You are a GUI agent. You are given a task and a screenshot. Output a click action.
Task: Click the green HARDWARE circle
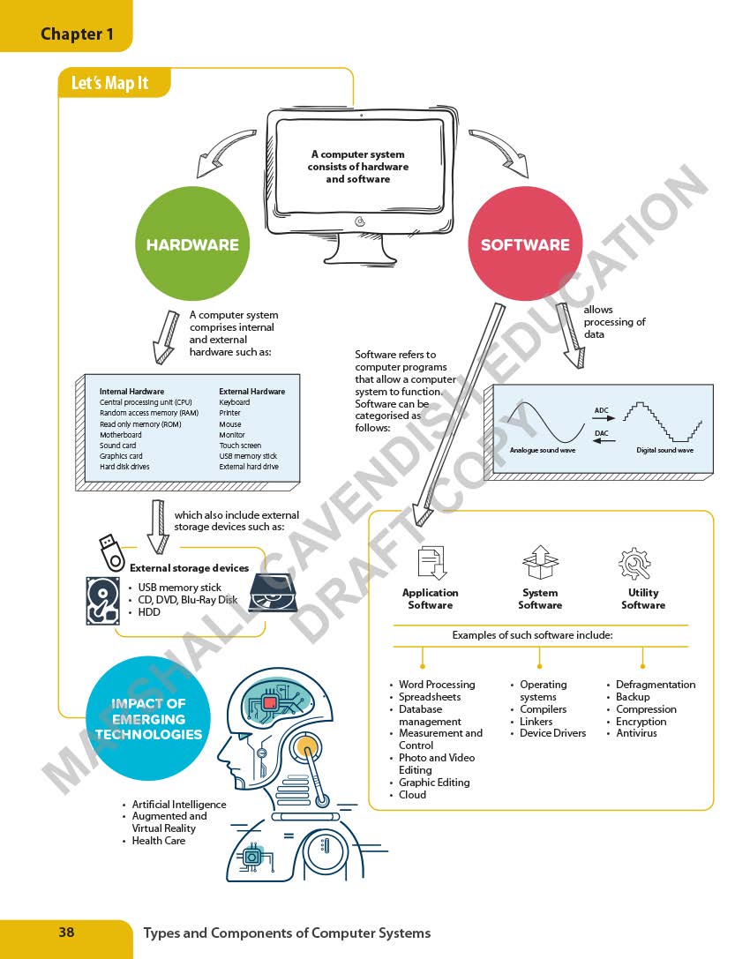pyautogui.click(x=192, y=244)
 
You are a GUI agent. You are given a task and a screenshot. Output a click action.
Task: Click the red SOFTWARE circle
pyautogui.click(x=525, y=244)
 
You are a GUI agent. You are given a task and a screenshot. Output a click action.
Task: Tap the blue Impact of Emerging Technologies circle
pyautogui.click(x=149, y=718)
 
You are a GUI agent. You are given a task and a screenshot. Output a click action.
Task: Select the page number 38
pyautogui.click(x=66, y=932)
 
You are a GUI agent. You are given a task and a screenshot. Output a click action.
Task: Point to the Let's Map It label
pyautogui.click(x=109, y=84)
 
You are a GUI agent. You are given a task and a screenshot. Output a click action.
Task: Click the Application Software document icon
pyautogui.click(x=431, y=563)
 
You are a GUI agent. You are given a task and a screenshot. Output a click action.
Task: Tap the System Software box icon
pyautogui.click(x=539, y=562)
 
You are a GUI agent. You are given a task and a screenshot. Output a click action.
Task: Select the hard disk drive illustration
pyautogui.click(x=103, y=600)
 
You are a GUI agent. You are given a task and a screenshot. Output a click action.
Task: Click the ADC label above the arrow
pyautogui.click(x=602, y=410)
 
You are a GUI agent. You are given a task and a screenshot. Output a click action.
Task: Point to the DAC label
pyautogui.click(x=602, y=433)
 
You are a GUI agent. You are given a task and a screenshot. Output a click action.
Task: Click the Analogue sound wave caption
pyautogui.click(x=542, y=451)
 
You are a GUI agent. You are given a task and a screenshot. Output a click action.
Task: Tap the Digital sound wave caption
pyautogui.click(x=664, y=451)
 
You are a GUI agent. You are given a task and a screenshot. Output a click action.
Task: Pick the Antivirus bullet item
pyautogui.click(x=636, y=733)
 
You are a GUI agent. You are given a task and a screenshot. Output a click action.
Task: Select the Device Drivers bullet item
pyautogui.click(x=552, y=733)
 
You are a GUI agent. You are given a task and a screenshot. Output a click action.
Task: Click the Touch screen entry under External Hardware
pyautogui.click(x=240, y=446)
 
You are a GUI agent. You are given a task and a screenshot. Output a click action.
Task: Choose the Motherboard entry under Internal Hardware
pyautogui.click(x=120, y=435)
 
